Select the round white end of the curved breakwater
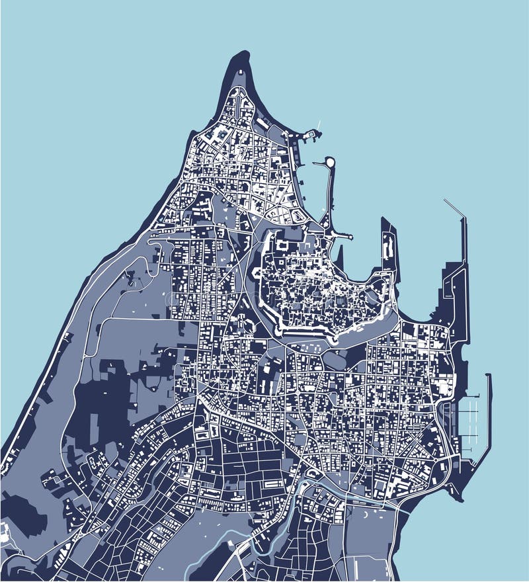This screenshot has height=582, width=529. coord(329,161)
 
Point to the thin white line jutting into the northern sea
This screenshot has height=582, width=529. coord(318,125)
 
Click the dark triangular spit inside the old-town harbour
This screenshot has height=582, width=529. coord(341,255)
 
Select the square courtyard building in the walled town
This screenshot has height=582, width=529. coord(283,246)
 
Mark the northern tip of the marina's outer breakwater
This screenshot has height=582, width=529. coord(488,376)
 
